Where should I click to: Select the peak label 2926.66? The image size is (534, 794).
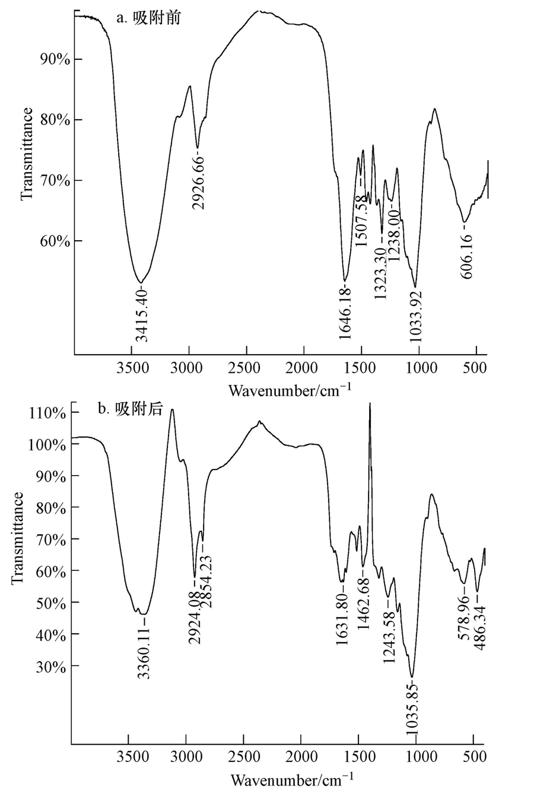(x=199, y=181)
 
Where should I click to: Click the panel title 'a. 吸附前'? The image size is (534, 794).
(x=148, y=18)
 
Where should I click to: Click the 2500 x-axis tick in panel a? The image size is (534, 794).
(x=246, y=368)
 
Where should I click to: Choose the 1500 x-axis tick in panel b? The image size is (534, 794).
(x=358, y=757)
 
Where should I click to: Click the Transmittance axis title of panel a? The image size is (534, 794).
(x=27, y=154)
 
